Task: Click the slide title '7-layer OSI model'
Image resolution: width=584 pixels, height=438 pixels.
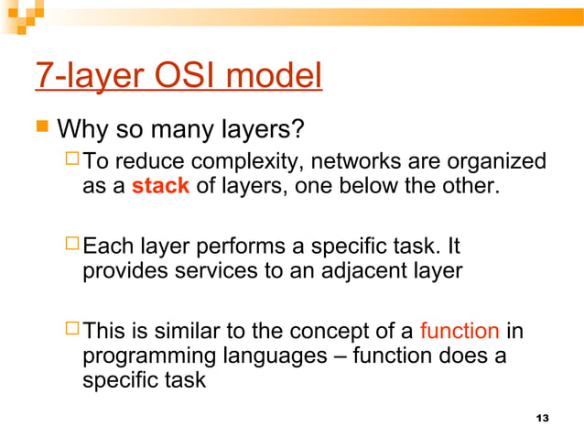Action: (178, 76)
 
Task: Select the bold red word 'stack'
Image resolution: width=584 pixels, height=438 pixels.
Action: (160, 187)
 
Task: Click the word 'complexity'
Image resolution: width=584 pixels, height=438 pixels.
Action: (253, 163)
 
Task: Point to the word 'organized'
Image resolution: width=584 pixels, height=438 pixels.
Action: (498, 163)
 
